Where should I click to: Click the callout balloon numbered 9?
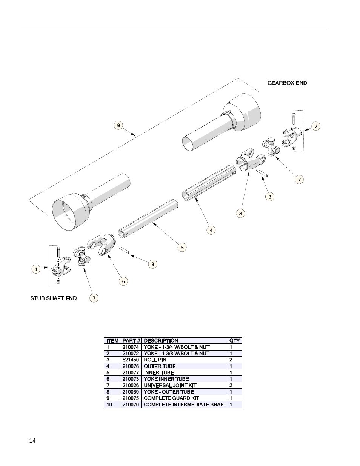pyautogui.click(x=119, y=125)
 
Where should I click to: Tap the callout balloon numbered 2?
pyautogui.click(x=316, y=126)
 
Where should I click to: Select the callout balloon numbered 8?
pyautogui.click(x=240, y=214)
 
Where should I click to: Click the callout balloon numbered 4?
pyautogui.click(x=211, y=230)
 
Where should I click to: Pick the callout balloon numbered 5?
pyautogui.click(x=182, y=248)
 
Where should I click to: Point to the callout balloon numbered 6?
pyautogui.click(x=123, y=281)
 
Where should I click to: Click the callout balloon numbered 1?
pyautogui.click(x=36, y=269)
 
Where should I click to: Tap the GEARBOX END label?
pyautogui.click(x=287, y=83)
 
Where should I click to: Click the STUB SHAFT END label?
pyautogui.click(x=53, y=298)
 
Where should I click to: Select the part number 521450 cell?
pyautogui.click(x=131, y=360)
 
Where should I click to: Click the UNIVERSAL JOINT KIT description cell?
pyautogui.click(x=170, y=385)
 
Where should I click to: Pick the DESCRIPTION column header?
pyautogui.click(x=161, y=341)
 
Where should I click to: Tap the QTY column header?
pyautogui.click(x=234, y=341)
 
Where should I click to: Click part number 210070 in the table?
pyautogui.click(x=131, y=404)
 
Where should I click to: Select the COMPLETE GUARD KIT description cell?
pyautogui.click(x=171, y=398)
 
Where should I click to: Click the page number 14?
pyautogui.click(x=32, y=441)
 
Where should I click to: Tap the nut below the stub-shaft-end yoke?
pyautogui.click(x=58, y=282)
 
